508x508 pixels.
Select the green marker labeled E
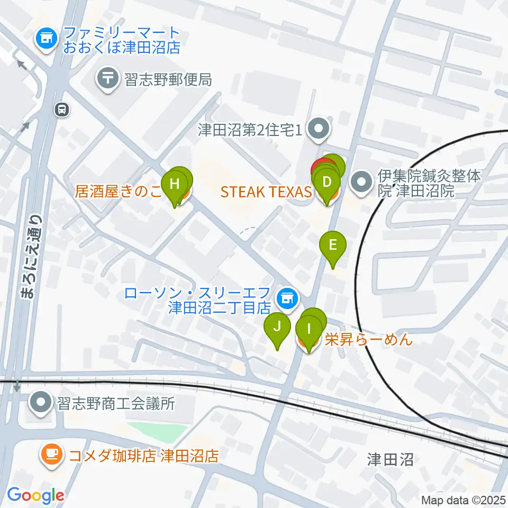coord(333,246)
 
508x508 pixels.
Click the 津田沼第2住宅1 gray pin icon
coord(319,130)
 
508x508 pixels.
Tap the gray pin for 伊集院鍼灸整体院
coord(362,183)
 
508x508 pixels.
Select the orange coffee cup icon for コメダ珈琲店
coord(51,453)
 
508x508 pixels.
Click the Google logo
coord(36,495)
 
